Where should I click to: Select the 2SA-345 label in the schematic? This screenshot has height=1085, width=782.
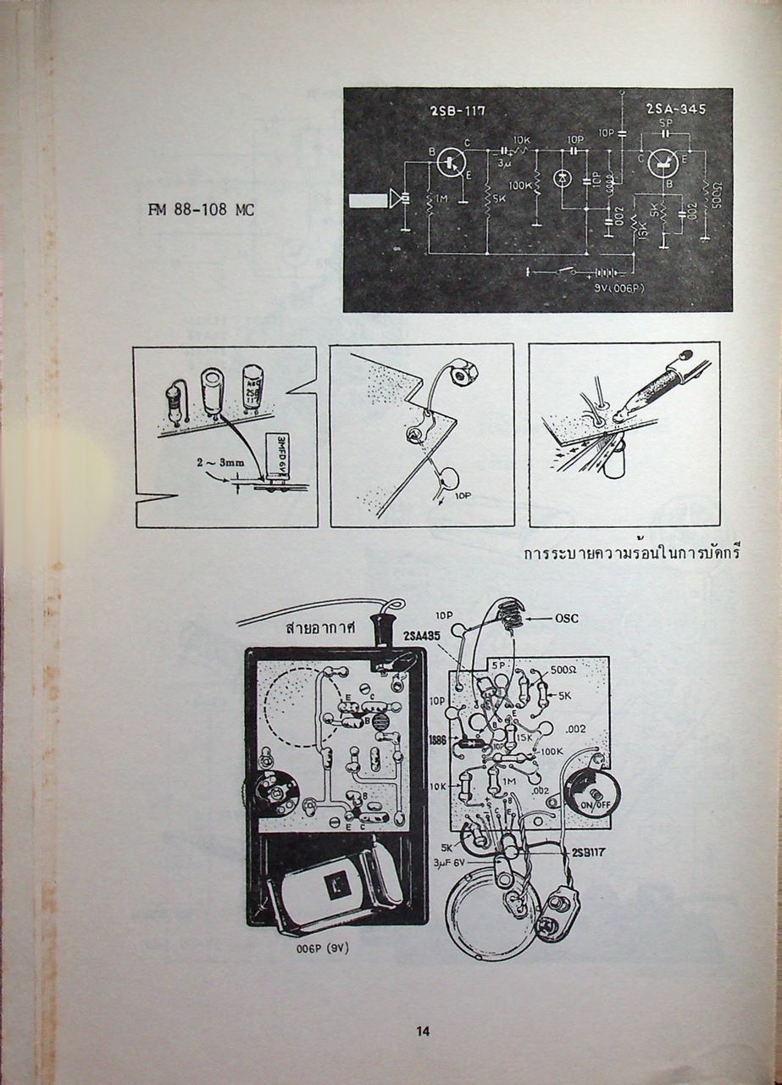[x=674, y=110]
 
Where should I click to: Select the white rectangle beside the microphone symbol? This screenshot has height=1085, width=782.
[x=367, y=201]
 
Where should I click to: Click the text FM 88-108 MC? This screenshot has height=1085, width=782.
[x=201, y=210]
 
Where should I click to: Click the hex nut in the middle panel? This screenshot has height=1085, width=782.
[x=463, y=371]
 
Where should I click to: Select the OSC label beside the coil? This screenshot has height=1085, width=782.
[x=567, y=619]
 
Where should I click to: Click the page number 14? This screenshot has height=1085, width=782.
[x=423, y=1031]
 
